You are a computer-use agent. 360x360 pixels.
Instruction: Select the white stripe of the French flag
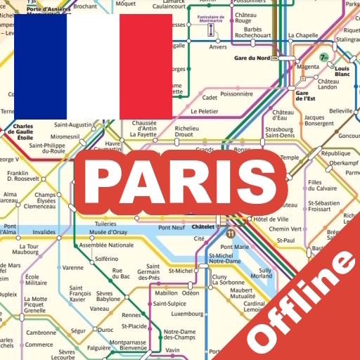coord(94,66)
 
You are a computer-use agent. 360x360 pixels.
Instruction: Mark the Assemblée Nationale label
coord(106,245)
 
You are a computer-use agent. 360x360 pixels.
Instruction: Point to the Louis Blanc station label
coord(342,70)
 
